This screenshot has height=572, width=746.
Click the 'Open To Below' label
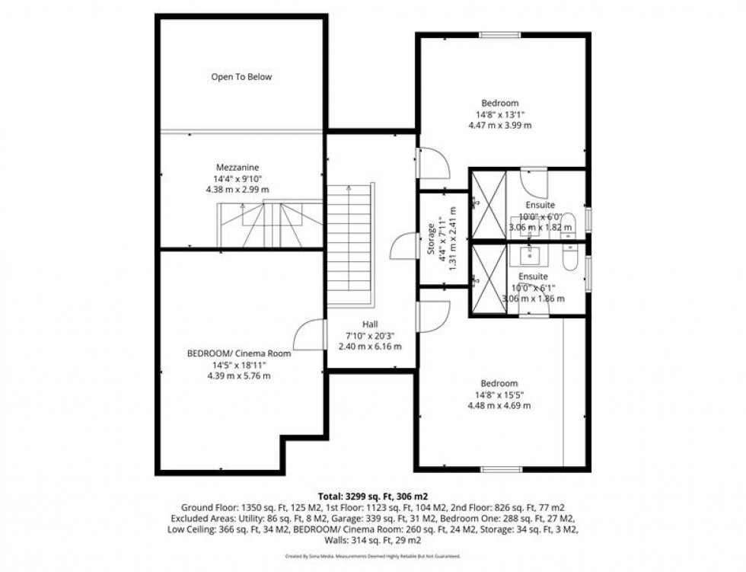coord(241,77)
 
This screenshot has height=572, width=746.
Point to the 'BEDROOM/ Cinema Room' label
coord(239,353)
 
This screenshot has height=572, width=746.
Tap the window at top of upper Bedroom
coord(500,34)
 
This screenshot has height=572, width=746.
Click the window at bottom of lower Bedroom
coord(500,469)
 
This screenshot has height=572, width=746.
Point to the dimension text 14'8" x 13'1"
coord(499,115)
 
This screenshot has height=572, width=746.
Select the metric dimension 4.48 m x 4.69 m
coord(499,406)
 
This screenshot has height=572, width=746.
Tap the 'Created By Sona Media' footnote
coord(372,557)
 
